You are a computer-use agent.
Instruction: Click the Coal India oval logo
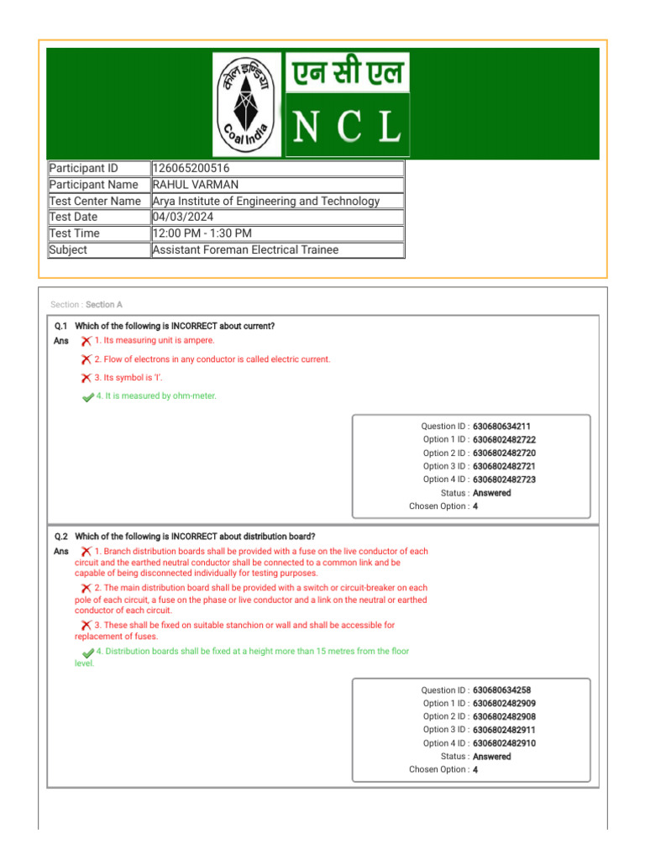(248, 103)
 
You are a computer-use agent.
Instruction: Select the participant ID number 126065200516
(191, 169)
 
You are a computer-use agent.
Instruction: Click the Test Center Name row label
(95, 202)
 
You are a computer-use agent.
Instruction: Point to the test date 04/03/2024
(183, 218)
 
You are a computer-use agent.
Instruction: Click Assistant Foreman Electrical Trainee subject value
(244, 250)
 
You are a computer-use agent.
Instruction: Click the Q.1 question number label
(60, 326)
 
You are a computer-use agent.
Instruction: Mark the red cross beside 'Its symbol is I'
(86, 378)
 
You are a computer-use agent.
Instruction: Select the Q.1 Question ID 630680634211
(501, 427)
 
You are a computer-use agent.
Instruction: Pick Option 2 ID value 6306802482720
(504, 454)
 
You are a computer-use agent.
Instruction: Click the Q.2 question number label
(60, 536)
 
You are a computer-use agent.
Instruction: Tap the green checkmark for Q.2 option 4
(88, 653)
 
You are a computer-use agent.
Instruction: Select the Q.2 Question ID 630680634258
(501, 690)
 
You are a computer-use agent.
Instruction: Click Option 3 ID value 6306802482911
(504, 730)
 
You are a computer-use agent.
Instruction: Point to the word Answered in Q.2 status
(491, 757)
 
